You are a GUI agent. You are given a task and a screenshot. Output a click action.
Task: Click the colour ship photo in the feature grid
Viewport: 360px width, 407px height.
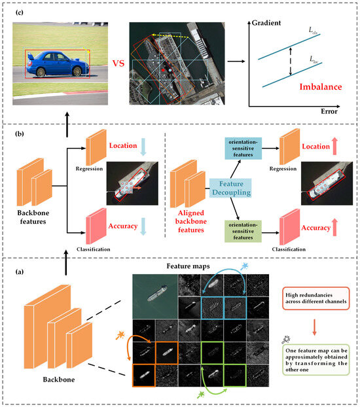pyautogui.click(x=154, y=292)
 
